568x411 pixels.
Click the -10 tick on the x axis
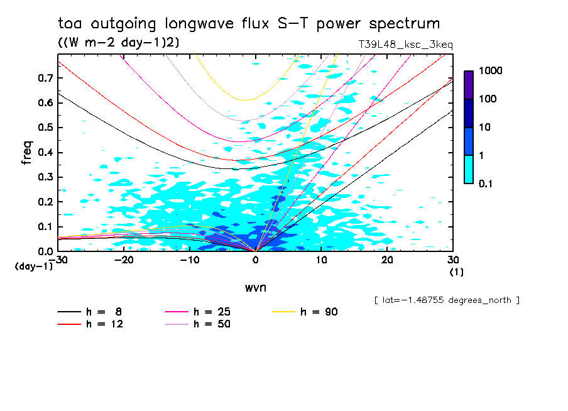pyautogui.click(x=189, y=260)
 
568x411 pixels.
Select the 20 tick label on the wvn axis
pyautogui.click(x=387, y=260)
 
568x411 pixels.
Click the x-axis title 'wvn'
pyautogui.click(x=254, y=287)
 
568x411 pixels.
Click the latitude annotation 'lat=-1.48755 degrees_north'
pyautogui.click(x=447, y=300)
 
